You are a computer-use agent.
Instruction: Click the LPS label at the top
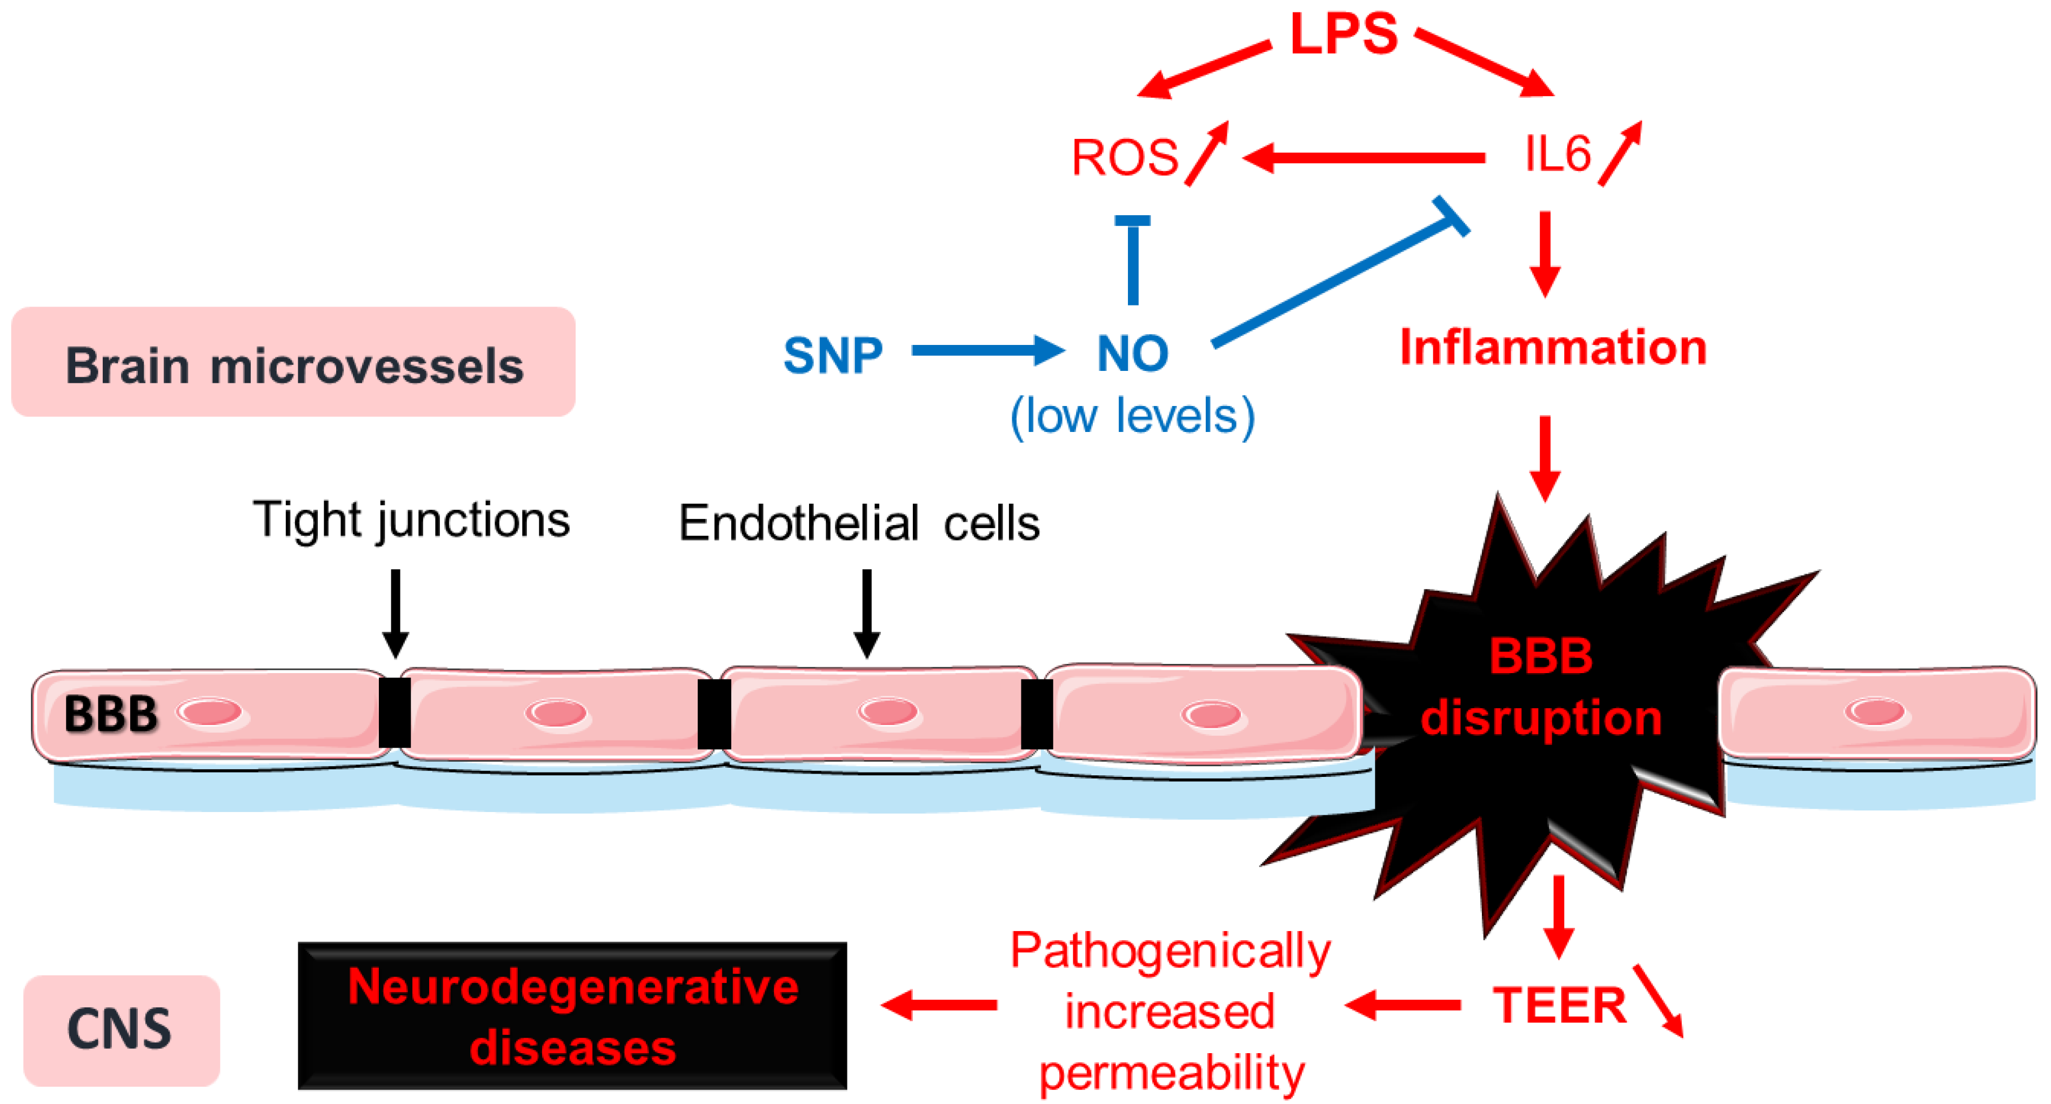1342,34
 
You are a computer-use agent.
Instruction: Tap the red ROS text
1124,157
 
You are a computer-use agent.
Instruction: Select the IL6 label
1556,154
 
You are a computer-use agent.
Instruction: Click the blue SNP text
833,355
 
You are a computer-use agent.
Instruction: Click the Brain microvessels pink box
293,362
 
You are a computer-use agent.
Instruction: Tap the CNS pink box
121,1029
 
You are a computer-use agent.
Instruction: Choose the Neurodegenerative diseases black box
572,1015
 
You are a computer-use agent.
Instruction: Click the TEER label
1558,1005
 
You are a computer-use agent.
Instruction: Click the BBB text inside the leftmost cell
111,713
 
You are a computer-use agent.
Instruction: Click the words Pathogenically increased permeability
1171,1012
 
